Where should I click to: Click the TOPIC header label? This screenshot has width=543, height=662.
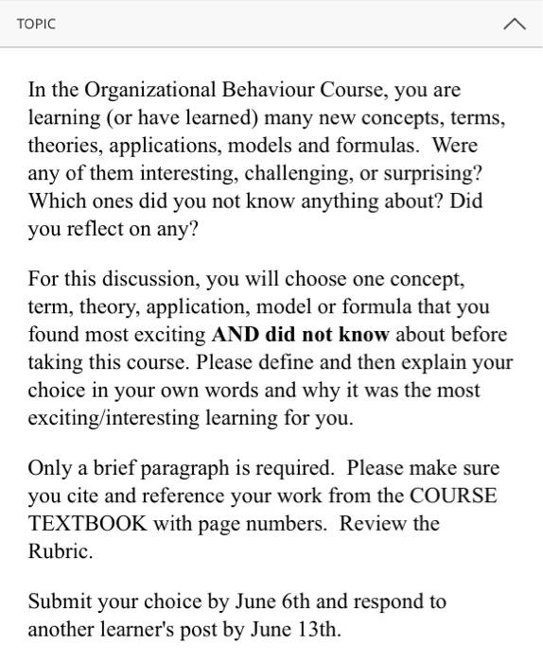pos(36,24)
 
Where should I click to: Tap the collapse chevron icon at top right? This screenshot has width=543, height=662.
pos(514,25)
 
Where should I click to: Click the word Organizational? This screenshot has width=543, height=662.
pos(150,91)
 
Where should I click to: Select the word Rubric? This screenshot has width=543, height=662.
pos(59,551)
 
